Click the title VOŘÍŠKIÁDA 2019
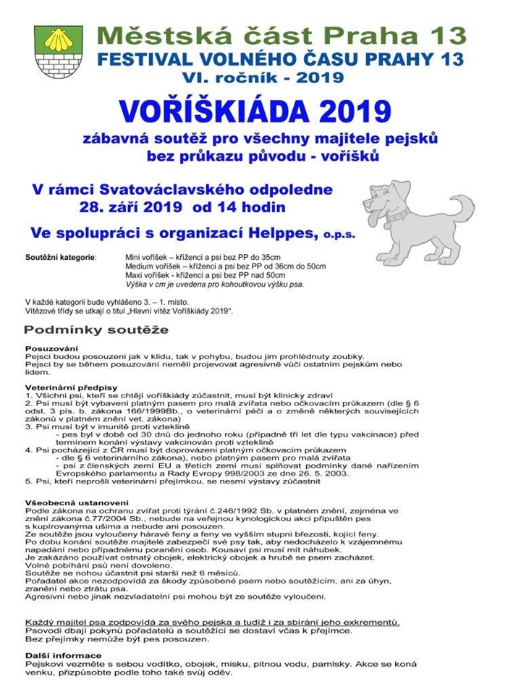pyautogui.click(x=255, y=111)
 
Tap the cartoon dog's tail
pyautogui.click(x=463, y=207)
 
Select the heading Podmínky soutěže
pyautogui.click(x=96, y=330)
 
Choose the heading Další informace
pyautogui.click(x=58, y=655)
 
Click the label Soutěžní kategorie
pyautogui.click(x=60, y=257)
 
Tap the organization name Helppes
pyautogui.click(x=281, y=233)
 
